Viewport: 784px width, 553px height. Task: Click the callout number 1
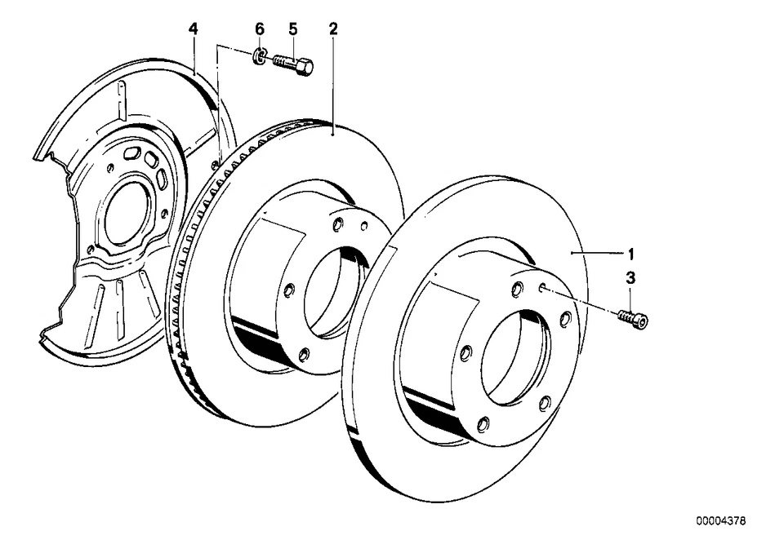tap(630, 254)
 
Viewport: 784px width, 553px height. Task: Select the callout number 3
tap(630, 279)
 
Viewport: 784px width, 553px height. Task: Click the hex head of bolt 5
tap(305, 67)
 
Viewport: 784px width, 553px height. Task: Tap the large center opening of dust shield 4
tap(127, 210)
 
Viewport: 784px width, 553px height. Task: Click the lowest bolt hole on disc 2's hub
tap(304, 354)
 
